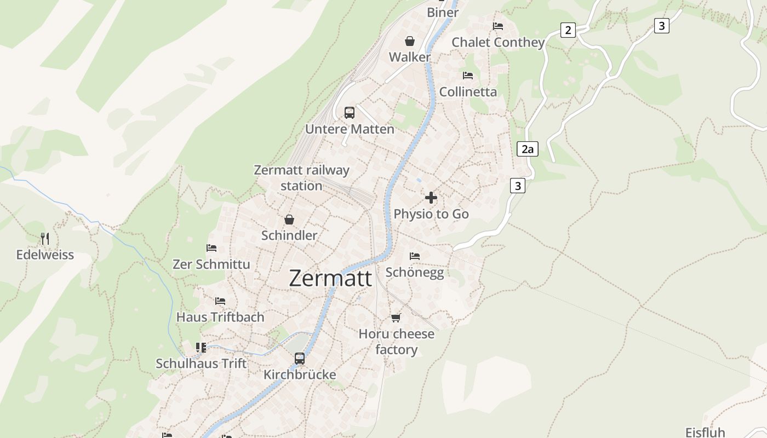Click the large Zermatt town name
[x=330, y=278]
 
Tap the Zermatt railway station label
[x=301, y=178]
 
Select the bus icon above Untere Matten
[x=350, y=113]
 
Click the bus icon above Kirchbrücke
[x=300, y=359]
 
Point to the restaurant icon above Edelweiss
[x=45, y=239]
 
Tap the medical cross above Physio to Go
[x=431, y=198]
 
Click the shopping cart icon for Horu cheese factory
[x=396, y=318]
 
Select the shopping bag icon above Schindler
[x=289, y=220]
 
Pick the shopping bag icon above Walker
[x=410, y=41]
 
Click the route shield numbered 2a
[x=528, y=149]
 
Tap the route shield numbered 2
[x=568, y=30]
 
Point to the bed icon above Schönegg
[x=415, y=256]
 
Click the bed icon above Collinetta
[x=468, y=76]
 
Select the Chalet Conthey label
[x=498, y=42]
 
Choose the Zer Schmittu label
[x=211, y=264]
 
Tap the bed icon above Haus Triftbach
[x=220, y=301]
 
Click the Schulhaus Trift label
[x=201, y=364]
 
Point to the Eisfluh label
[x=705, y=432]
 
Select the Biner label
[x=443, y=12]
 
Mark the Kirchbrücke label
[x=300, y=374]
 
